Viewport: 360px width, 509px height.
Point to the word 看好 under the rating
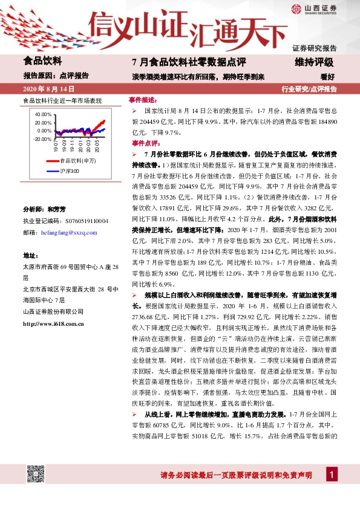click(x=327, y=76)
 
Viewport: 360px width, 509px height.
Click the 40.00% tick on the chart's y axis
click(x=43, y=114)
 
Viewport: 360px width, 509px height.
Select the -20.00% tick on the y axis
click(x=42, y=138)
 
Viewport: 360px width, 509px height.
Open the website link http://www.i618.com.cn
click(x=53, y=324)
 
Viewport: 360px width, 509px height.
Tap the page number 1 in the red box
click(x=332, y=475)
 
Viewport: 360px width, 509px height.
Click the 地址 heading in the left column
click(x=30, y=256)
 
